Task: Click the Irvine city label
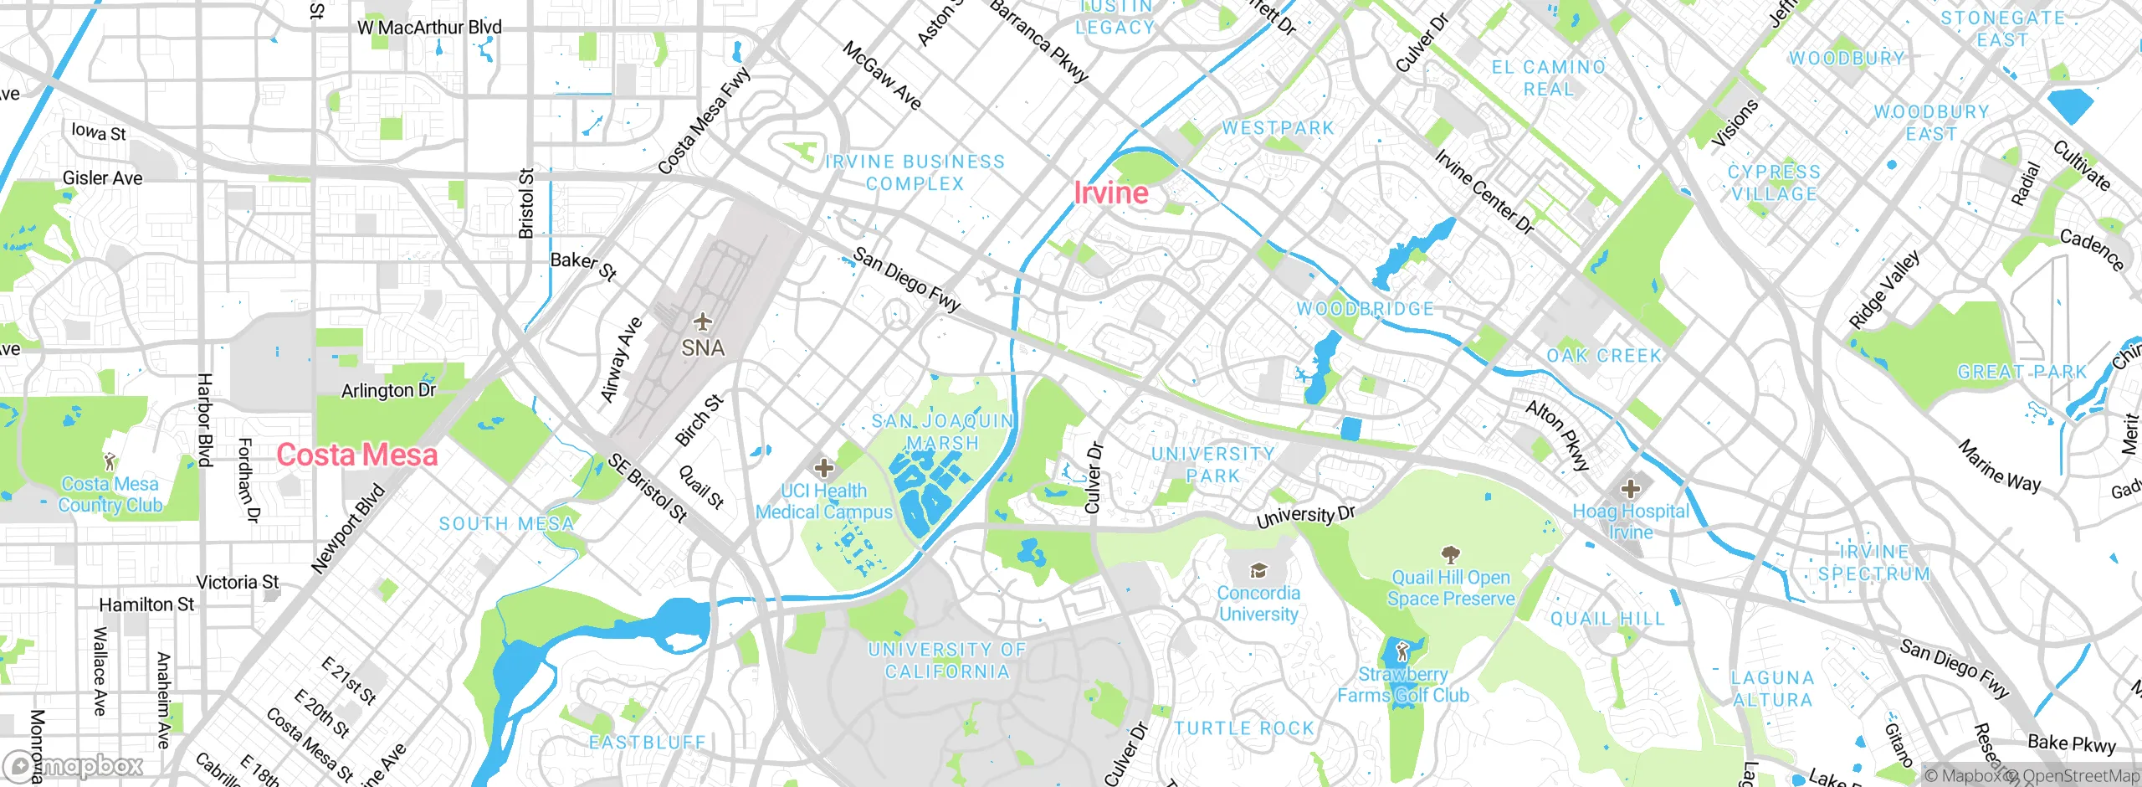(1111, 193)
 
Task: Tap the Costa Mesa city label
(357, 455)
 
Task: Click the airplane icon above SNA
(703, 321)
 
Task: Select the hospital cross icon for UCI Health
(824, 468)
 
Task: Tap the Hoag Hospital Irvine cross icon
(1630, 488)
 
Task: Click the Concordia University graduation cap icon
(1258, 571)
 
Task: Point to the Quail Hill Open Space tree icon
(1450, 555)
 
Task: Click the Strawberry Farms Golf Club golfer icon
(1403, 651)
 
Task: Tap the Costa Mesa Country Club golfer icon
(110, 461)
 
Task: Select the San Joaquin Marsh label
(942, 432)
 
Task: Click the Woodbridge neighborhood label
(1365, 309)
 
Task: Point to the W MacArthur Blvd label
(429, 28)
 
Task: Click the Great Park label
(2022, 372)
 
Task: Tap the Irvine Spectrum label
(1874, 563)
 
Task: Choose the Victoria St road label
(238, 582)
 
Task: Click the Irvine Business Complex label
(915, 172)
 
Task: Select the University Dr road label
(1305, 516)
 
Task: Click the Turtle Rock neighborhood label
(1244, 728)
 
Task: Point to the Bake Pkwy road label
(2072, 743)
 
